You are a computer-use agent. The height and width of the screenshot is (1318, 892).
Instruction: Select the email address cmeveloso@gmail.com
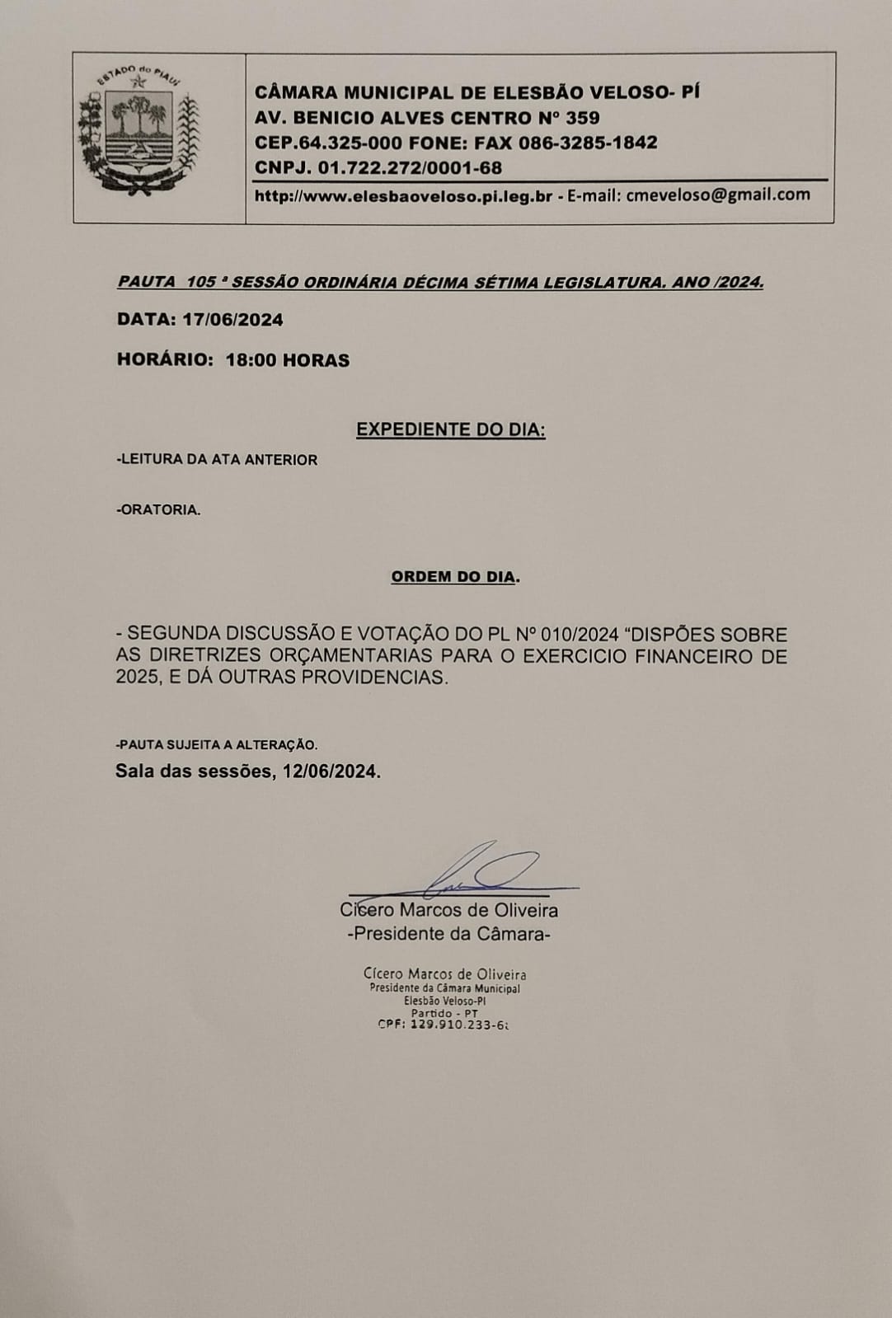[x=718, y=195]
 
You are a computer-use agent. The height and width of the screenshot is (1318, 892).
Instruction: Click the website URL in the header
[x=403, y=196]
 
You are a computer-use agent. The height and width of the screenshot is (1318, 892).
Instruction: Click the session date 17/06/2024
[x=233, y=320]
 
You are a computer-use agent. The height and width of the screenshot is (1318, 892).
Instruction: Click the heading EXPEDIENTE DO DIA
[x=450, y=429]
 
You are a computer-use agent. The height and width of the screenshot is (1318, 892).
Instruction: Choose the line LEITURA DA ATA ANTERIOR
[x=218, y=460]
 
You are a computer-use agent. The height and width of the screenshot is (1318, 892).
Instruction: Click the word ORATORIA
[x=160, y=510]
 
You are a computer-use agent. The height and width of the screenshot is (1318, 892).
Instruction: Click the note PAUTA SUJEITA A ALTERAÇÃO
[x=217, y=745]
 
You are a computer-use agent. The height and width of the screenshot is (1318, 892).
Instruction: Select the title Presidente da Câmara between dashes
[x=448, y=934]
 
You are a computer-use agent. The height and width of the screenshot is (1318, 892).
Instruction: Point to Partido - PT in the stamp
[x=444, y=1013]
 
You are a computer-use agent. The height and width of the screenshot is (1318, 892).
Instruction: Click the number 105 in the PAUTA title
[x=201, y=282]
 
